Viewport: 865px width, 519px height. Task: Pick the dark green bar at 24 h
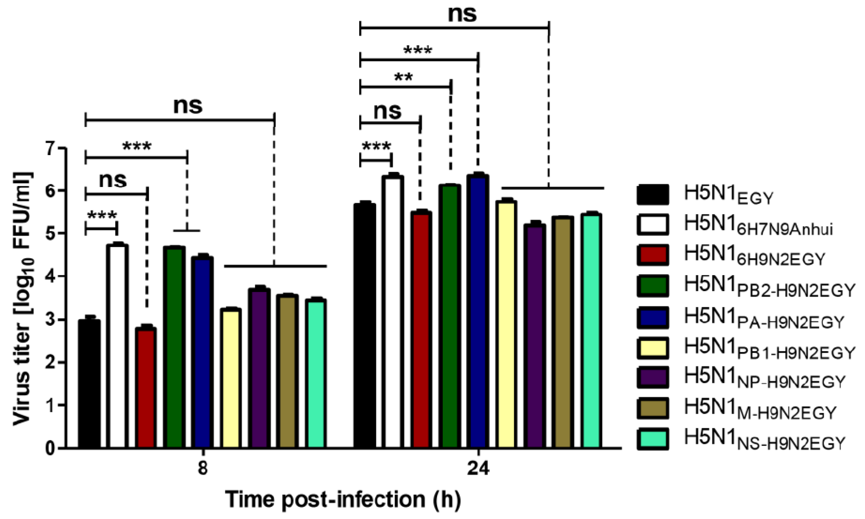(450, 315)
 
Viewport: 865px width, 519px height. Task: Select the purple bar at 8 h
(259, 367)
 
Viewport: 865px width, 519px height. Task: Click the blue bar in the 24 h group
(479, 311)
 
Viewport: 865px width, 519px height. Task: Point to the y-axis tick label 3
(51, 320)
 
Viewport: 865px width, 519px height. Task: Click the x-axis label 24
(478, 469)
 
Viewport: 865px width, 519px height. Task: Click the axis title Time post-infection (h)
(343, 499)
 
